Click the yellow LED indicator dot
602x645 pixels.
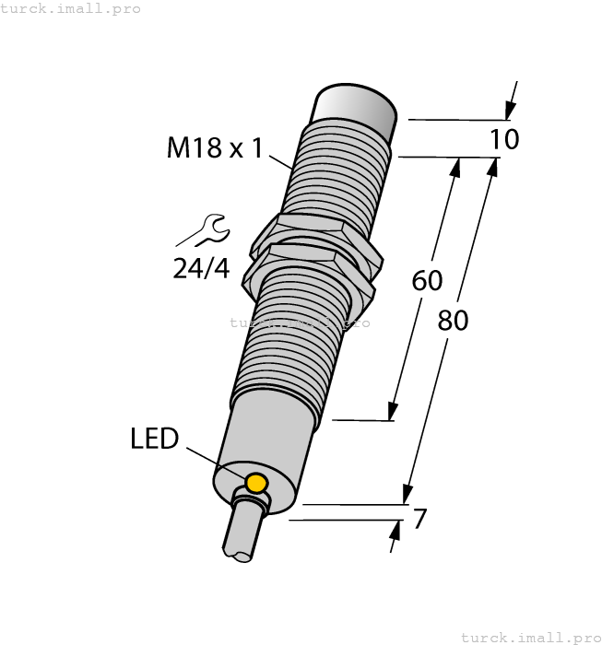coord(256,483)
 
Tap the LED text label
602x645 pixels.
coord(154,439)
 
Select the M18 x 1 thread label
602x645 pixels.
coord(215,147)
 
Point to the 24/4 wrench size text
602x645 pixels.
coord(201,268)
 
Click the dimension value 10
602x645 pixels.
coord(504,139)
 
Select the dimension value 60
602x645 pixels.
coord(428,280)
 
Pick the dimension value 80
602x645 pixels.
coord(453,320)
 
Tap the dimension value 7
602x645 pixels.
coord(419,520)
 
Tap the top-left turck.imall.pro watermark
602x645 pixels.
coord(70,8)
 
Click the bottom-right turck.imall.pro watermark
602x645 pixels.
coord(530,637)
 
